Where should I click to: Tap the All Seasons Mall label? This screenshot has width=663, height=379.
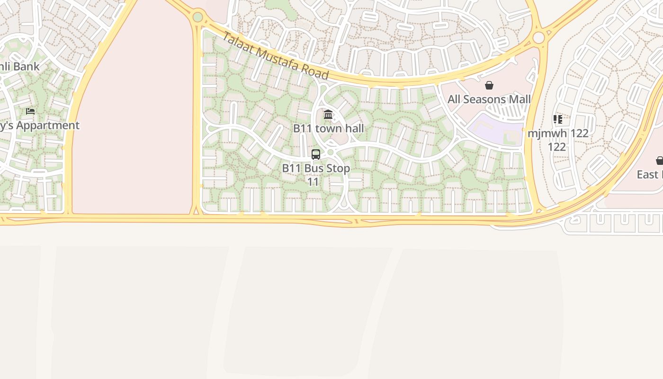[x=489, y=99]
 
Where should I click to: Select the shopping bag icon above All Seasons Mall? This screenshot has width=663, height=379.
[x=489, y=85]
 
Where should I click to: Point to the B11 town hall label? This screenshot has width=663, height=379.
[x=328, y=128]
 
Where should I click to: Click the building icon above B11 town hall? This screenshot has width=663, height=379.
[x=328, y=114]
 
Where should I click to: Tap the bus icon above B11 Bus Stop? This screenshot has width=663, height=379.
[x=316, y=154]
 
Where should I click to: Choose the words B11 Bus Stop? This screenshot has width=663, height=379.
[x=316, y=168]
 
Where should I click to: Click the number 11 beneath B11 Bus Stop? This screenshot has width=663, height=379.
[x=313, y=182]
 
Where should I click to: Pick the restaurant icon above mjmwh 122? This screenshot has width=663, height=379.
[x=558, y=119]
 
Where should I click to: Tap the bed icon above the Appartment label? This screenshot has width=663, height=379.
[x=30, y=111]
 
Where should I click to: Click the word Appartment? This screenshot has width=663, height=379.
[x=49, y=126]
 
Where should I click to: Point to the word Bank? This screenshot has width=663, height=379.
[x=26, y=67]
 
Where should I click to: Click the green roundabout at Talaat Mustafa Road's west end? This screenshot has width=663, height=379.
[x=198, y=18]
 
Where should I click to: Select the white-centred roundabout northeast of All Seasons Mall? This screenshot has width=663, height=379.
[x=538, y=37]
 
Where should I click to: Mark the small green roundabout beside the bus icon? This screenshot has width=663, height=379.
[x=331, y=152]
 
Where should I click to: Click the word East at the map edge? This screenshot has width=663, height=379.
[x=647, y=174]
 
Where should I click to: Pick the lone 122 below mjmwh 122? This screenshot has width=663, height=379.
[x=557, y=147]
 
